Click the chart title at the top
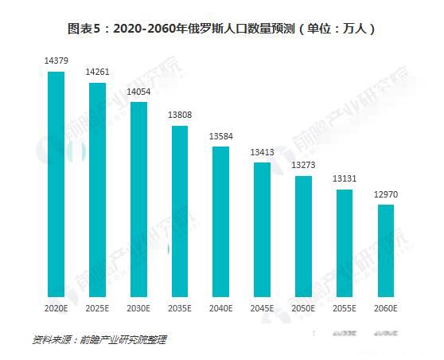point(221,29)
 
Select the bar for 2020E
point(56,184)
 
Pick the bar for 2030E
point(138,199)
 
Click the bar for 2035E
point(180,211)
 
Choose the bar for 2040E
point(220,221)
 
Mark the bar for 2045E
point(262,229)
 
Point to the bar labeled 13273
point(303,236)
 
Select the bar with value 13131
point(345,243)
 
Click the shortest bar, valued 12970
point(385,250)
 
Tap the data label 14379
point(56,61)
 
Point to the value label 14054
point(138,92)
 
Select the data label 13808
point(180,115)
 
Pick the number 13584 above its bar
point(220,136)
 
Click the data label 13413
point(262,152)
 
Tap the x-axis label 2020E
point(56,307)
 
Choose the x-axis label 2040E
point(220,307)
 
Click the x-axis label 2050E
point(303,307)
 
